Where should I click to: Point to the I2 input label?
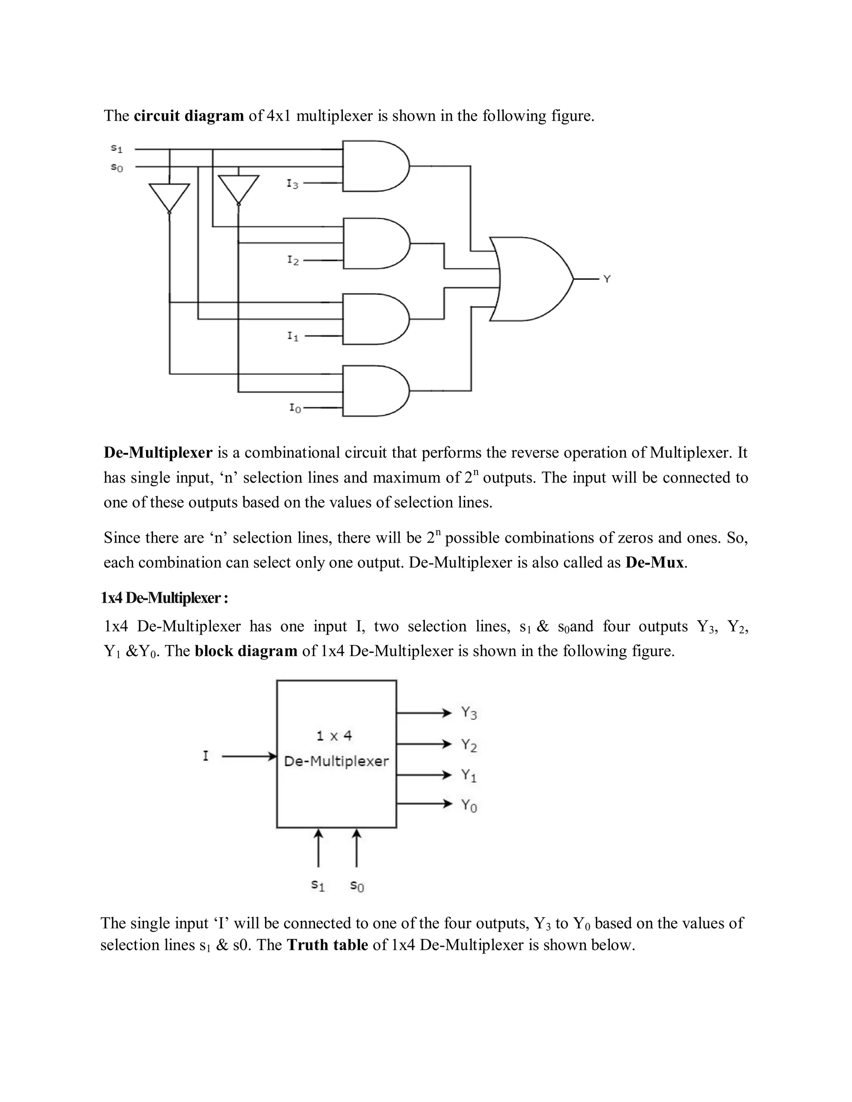[293, 260]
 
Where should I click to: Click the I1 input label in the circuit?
[293, 336]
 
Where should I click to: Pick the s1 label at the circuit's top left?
[116, 148]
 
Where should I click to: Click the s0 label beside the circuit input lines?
[116, 167]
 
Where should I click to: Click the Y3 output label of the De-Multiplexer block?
[469, 713]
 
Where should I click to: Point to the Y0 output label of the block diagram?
[469, 805]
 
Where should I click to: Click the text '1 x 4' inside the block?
[334, 736]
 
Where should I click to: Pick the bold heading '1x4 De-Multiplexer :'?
[165, 598]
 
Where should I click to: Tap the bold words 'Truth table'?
[327, 944]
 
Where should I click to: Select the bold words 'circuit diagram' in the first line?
[189, 116]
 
